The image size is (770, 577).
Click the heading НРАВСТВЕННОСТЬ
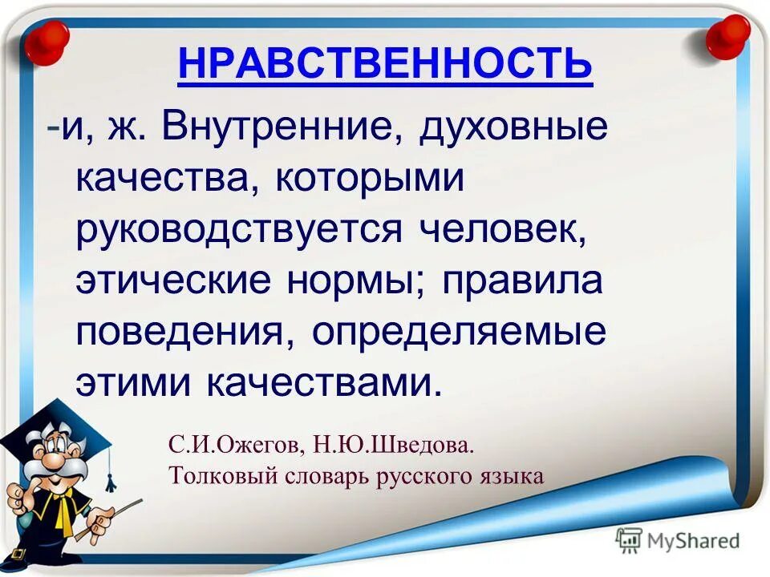pyautogui.click(x=385, y=63)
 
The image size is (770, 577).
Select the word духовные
pyautogui.click(x=513, y=128)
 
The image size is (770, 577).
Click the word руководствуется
pyautogui.click(x=239, y=231)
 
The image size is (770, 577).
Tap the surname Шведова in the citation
pyautogui.click(x=413, y=446)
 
